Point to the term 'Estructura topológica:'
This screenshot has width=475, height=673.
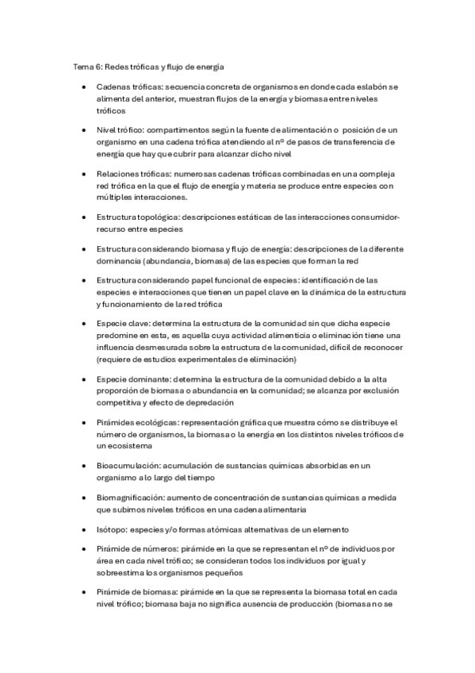point(136,217)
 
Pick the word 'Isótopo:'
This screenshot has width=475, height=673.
point(113,529)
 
